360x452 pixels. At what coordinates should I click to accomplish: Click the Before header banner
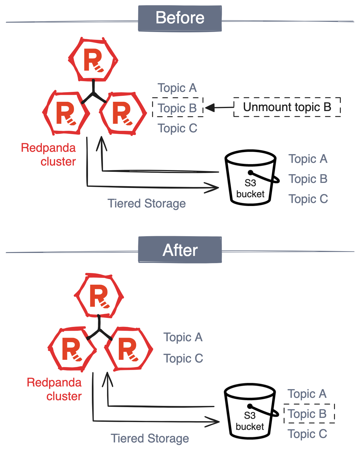(180, 18)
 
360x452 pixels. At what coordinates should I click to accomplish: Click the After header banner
(180, 250)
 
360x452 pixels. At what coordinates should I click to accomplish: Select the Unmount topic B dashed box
(287, 107)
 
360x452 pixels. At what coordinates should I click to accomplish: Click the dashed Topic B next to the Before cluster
(177, 108)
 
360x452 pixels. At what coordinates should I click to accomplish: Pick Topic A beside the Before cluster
(177, 88)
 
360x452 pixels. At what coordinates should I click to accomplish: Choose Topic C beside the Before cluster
(177, 128)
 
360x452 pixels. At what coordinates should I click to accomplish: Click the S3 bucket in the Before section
(251, 178)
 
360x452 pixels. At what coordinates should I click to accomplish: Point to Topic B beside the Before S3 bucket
(308, 179)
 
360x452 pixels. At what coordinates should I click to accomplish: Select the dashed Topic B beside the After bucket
(309, 414)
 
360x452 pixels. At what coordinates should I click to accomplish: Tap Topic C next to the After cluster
(183, 358)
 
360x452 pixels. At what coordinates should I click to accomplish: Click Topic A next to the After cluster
(183, 337)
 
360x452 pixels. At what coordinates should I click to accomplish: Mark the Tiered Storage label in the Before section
(147, 204)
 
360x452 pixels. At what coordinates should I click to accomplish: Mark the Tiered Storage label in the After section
(150, 439)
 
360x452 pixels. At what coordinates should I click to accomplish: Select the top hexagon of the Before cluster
(93, 60)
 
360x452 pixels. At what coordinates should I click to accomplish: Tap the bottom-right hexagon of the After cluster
(128, 349)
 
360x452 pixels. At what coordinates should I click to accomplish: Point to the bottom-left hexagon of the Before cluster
(66, 113)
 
